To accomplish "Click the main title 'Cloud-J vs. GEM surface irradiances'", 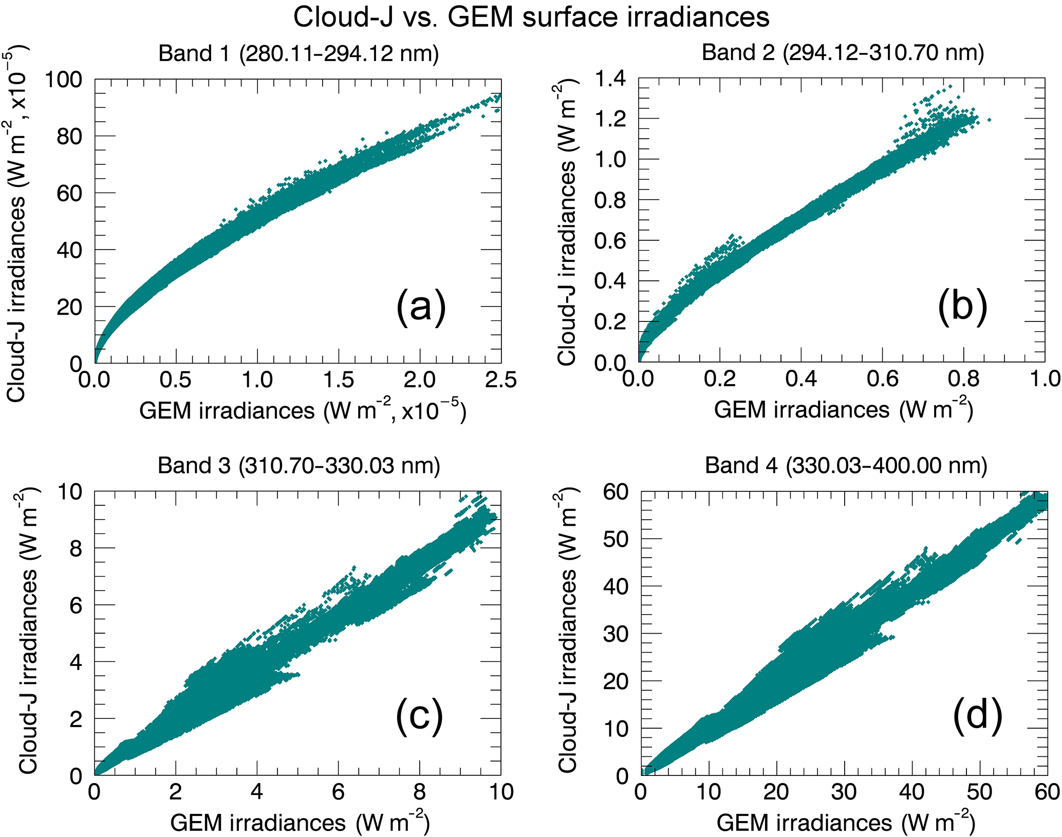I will pyautogui.click(x=531, y=17).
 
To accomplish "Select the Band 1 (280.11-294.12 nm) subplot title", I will pyautogui.click(x=299, y=53).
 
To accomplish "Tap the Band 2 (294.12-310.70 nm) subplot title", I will pyautogui.click(x=843, y=52).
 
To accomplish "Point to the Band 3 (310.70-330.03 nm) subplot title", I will pyautogui.click(x=299, y=465).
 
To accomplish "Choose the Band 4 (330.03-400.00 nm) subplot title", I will pyautogui.click(x=846, y=465).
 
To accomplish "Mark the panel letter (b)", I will pyautogui.click(x=962, y=307).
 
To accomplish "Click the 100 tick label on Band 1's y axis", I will pyautogui.click(x=63, y=80).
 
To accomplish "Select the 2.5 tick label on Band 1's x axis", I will pyautogui.click(x=500, y=381).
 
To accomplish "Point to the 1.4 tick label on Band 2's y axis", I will pyautogui.click(x=610, y=79).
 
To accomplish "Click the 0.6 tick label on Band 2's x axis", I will pyautogui.click(x=882, y=379).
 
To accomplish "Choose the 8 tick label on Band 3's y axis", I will pyautogui.click(x=76, y=549).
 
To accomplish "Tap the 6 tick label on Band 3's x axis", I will pyautogui.click(x=338, y=792).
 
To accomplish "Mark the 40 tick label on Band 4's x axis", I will pyautogui.click(x=911, y=792).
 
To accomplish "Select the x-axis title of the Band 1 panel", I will pyautogui.click(x=303, y=411).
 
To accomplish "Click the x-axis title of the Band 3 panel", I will pyautogui.click(x=300, y=823).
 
